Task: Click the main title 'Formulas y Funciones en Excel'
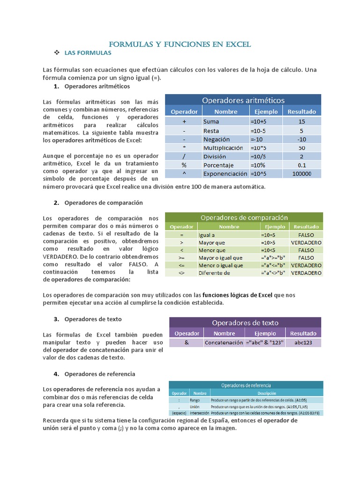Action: (x=180, y=45)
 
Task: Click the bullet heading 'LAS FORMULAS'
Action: (x=88, y=53)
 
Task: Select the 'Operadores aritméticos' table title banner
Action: (x=243, y=100)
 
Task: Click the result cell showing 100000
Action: (x=301, y=173)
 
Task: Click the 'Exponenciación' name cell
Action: (x=225, y=173)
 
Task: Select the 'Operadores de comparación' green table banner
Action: (x=244, y=217)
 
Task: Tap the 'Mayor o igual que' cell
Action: (x=220, y=257)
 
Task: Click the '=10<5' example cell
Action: (x=270, y=250)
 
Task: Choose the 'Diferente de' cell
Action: (x=214, y=272)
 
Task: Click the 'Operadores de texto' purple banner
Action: (x=245, y=322)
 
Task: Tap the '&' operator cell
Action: (x=186, y=343)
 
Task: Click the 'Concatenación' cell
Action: (x=224, y=343)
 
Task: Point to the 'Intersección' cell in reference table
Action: (x=199, y=413)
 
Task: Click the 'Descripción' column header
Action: (x=265, y=393)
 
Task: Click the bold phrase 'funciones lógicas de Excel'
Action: (x=237, y=295)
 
